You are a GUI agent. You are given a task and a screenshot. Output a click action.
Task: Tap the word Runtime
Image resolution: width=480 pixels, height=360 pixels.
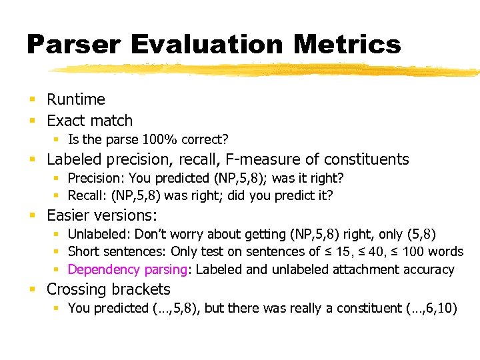click(x=76, y=99)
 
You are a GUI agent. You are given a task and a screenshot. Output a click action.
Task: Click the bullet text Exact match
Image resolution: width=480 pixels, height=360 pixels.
click(x=89, y=121)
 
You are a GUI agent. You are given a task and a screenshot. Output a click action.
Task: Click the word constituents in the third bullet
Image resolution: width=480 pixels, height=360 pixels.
click(x=366, y=159)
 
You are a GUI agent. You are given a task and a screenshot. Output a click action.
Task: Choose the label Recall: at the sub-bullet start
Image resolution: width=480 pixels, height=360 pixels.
click(x=88, y=195)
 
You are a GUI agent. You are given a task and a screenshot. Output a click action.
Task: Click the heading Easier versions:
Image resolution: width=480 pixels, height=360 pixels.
click(x=102, y=215)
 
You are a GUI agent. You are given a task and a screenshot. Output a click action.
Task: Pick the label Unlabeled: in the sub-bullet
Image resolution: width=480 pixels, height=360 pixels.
click(x=100, y=234)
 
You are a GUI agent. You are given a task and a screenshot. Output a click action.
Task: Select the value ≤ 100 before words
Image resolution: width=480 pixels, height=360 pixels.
click(x=413, y=252)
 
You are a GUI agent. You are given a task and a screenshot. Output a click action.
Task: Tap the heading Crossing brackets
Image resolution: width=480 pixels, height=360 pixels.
click(x=109, y=289)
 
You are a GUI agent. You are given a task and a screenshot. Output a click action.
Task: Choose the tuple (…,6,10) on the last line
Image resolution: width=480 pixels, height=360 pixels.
click(x=425, y=309)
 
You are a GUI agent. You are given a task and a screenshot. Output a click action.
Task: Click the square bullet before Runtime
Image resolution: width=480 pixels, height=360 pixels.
click(x=32, y=100)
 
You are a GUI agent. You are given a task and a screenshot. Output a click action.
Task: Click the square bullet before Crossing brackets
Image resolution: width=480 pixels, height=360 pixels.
click(x=32, y=290)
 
